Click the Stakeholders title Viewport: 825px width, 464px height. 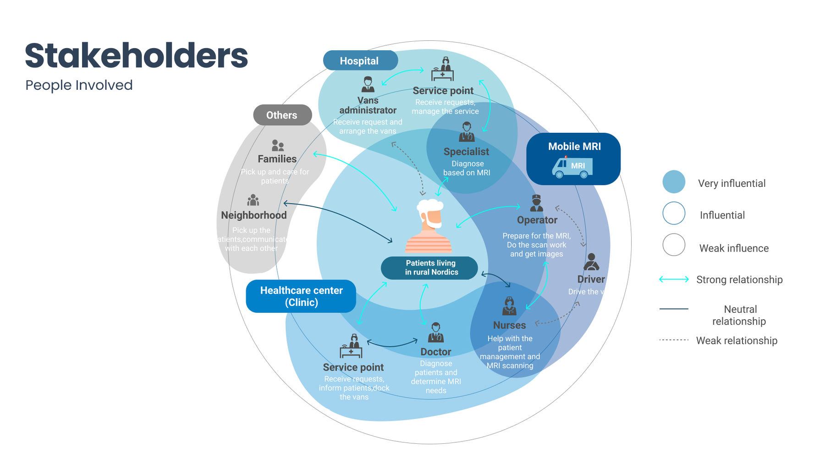click(x=136, y=56)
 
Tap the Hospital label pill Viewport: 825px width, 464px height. click(x=360, y=60)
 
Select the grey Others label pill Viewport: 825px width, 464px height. click(x=282, y=115)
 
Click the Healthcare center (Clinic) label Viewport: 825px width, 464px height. click(x=301, y=296)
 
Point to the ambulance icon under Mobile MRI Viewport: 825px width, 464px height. click(x=572, y=167)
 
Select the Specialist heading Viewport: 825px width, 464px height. click(x=466, y=152)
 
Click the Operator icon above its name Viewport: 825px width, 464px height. click(x=536, y=203)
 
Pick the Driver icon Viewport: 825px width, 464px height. click(x=591, y=262)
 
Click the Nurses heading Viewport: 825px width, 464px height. click(x=509, y=325)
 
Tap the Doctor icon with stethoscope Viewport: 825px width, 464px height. click(x=435, y=333)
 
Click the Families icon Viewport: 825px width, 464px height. click(x=278, y=146)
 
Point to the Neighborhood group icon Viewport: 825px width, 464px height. click(x=253, y=200)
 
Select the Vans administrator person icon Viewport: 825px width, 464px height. click(x=368, y=85)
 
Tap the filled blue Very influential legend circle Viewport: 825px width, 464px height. click(x=674, y=182)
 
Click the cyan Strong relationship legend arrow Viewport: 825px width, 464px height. click(x=674, y=279)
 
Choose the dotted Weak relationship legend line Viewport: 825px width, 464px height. click(x=674, y=340)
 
